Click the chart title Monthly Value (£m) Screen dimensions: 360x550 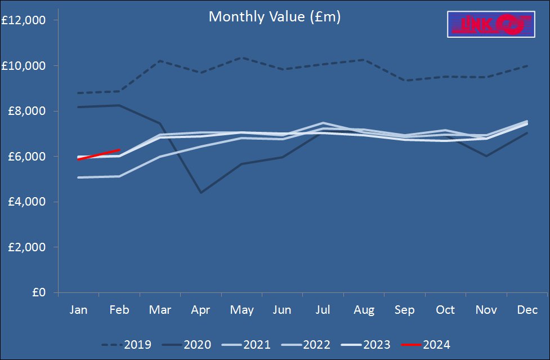click(x=275, y=17)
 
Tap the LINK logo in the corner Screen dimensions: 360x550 click(x=490, y=24)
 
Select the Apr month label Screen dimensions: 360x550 click(x=201, y=310)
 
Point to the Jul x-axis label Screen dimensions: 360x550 click(x=323, y=310)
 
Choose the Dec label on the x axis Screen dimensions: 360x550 click(x=527, y=310)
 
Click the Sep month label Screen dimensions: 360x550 click(x=405, y=310)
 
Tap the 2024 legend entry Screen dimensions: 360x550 click(x=426, y=344)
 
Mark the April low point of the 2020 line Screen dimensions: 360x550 click(x=201, y=193)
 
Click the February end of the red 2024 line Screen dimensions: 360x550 click(x=119, y=150)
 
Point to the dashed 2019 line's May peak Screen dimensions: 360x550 click(x=242, y=57)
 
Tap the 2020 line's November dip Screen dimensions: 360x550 click(x=486, y=156)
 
